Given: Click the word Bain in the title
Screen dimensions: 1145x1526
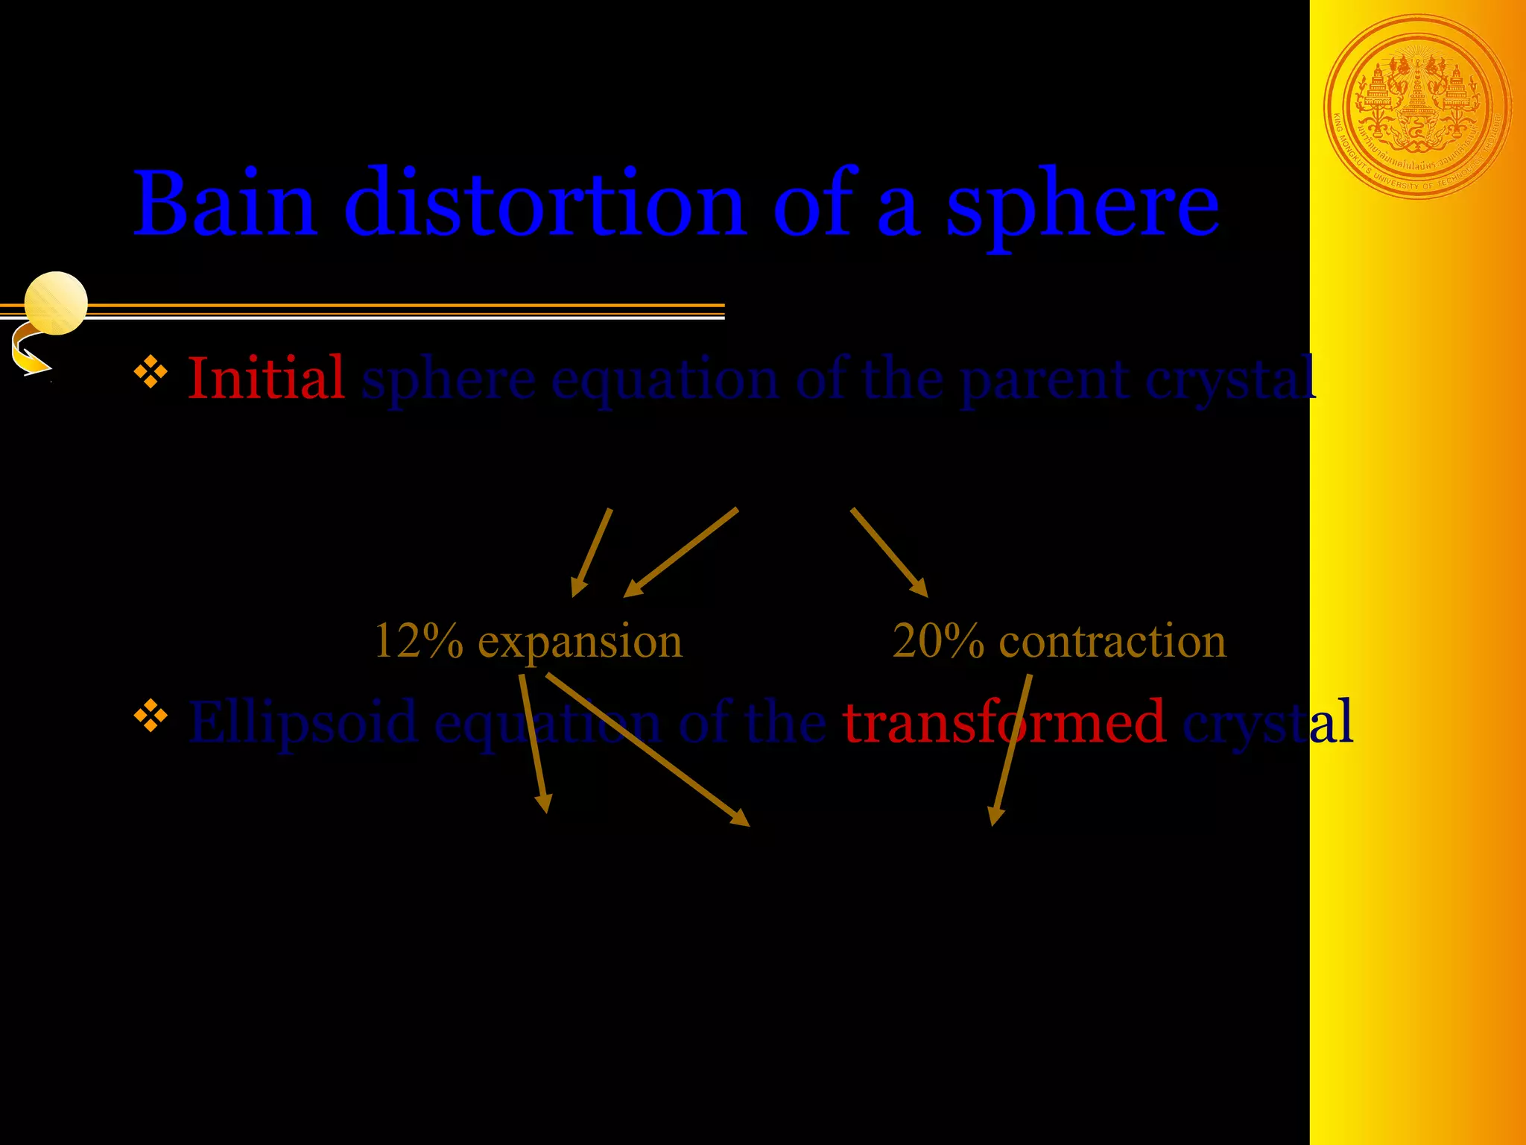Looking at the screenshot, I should (x=224, y=204).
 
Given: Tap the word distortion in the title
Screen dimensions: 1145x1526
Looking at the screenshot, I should (x=545, y=204).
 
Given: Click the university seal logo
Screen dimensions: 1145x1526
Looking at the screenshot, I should (x=1417, y=107).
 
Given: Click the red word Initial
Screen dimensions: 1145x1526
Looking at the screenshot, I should (x=265, y=378).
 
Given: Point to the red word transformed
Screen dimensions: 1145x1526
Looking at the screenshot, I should (x=1004, y=722).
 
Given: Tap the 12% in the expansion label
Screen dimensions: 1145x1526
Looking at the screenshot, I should (x=418, y=640).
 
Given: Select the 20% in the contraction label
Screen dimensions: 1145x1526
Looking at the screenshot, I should (x=937, y=640).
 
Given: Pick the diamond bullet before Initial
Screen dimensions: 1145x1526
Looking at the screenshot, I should (x=151, y=373).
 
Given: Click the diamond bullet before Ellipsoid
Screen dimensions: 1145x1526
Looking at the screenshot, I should (x=151, y=716).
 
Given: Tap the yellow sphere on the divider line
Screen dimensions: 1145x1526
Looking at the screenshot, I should (x=56, y=303).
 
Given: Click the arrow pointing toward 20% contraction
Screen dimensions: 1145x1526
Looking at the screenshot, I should (x=889, y=552).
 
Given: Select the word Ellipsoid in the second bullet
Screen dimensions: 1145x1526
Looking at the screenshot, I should (x=303, y=722).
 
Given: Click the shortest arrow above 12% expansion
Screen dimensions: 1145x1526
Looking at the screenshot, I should (x=592, y=552).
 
